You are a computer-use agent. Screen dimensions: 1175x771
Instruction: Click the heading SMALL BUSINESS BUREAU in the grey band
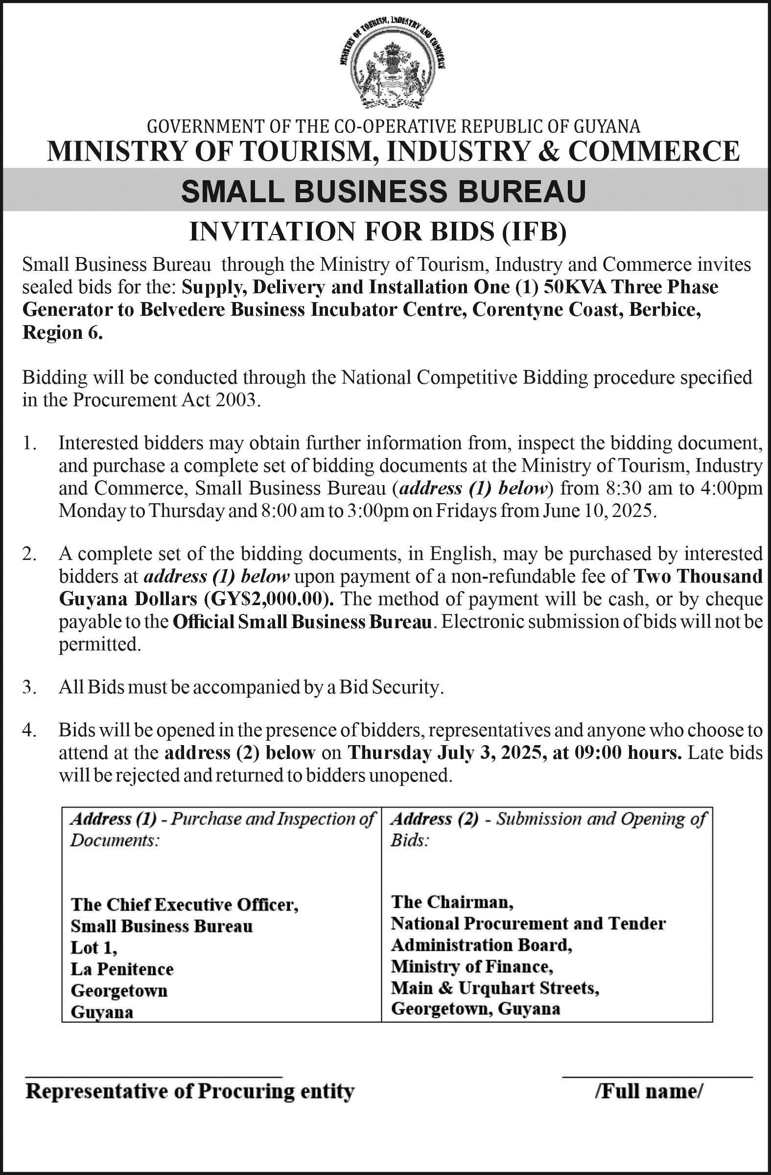pos(383,191)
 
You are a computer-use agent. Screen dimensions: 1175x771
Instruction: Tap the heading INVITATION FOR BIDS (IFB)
pos(378,232)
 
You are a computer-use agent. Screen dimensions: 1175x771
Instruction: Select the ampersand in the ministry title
pos(551,151)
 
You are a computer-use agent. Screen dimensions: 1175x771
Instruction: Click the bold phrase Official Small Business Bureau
pos(303,622)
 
